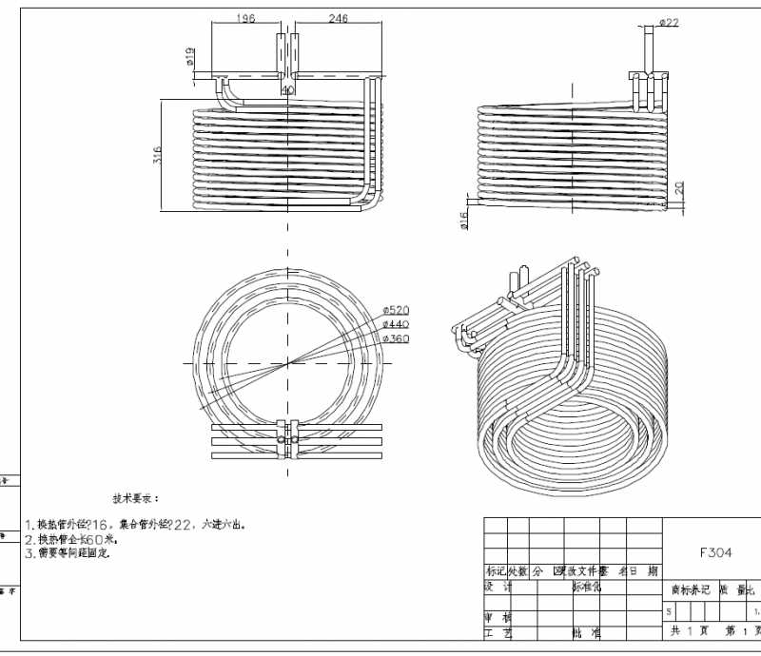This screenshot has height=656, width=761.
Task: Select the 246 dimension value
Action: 338,17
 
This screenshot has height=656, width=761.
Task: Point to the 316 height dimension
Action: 157,154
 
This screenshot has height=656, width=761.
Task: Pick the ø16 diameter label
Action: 463,221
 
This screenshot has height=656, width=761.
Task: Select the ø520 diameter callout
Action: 395,311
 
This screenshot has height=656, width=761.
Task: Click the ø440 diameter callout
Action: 395,324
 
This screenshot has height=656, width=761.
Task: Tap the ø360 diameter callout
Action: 395,338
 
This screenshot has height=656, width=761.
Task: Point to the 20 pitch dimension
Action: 678,189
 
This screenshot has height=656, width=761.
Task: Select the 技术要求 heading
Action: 137,497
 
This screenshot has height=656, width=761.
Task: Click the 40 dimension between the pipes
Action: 287,91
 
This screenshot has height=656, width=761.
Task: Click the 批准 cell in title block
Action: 586,631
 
